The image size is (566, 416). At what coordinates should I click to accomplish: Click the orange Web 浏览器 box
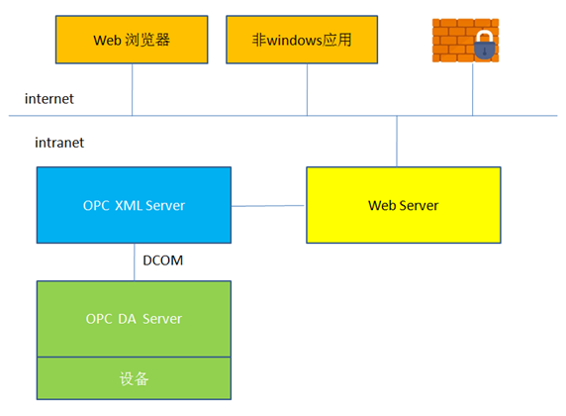133,41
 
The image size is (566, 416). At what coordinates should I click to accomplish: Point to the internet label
50,99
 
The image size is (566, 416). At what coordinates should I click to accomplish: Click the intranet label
59,143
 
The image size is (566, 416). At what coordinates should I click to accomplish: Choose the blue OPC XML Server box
134,205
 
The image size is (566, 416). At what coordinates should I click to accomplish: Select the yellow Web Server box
403,205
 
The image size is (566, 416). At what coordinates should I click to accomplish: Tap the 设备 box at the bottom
134,378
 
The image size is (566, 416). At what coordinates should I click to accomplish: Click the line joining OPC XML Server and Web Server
268,206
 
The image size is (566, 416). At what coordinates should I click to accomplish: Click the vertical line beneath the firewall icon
473,90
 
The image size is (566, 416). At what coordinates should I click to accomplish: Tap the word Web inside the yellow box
381,205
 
